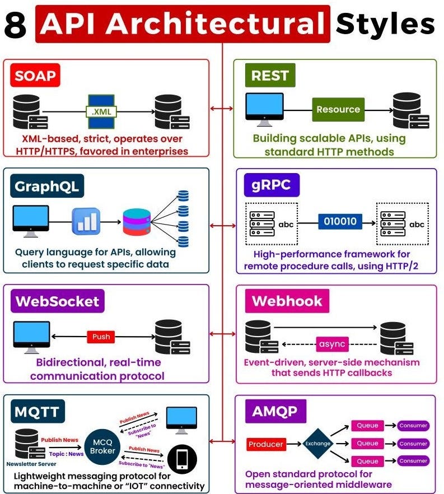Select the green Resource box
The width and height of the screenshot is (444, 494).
pos(338,110)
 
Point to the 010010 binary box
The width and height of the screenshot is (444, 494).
pos(340,221)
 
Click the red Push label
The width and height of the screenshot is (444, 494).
pos(101,337)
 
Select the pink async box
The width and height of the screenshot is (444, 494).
pos(332,343)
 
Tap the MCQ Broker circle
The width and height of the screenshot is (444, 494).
pos(103,446)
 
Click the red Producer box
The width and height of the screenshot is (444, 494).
pos(266,444)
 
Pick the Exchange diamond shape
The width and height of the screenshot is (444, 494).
pos(318,444)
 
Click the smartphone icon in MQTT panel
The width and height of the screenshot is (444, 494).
pos(182,459)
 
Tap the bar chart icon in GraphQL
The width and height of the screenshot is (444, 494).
pos(86,221)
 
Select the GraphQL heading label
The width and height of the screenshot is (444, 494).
pos(47,185)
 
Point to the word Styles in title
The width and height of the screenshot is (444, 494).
pos(385,24)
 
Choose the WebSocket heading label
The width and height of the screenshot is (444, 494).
pos(58,301)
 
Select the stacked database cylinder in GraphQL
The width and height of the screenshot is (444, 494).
pos(137,222)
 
